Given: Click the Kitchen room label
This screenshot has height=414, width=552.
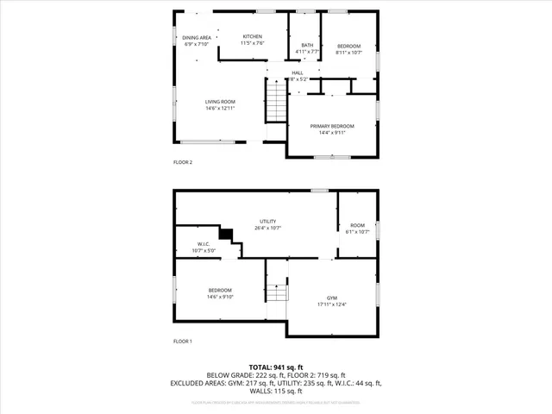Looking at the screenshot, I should [228, 36].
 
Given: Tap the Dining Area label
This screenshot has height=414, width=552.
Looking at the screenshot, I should [197, 38].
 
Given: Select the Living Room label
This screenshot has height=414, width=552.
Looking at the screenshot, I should [220, 102].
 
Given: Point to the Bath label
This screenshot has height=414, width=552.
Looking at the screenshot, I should [307, 45].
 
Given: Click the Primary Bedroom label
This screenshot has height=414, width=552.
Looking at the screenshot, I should [331, 126].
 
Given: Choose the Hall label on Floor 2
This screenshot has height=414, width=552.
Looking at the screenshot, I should [298, 72].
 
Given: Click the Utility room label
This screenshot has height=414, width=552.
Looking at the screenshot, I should [268, 222].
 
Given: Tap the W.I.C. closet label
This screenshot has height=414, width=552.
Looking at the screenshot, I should [204, 244].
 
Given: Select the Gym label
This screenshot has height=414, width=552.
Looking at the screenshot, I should [331, 297].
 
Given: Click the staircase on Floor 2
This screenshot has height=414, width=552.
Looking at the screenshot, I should [273, 102].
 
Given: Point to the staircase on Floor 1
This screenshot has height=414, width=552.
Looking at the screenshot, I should [274, 293].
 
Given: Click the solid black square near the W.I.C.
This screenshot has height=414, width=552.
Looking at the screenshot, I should [226, 233].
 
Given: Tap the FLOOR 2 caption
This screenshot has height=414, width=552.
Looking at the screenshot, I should [183, 162].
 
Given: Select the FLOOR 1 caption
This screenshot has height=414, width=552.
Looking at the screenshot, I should [183, 342].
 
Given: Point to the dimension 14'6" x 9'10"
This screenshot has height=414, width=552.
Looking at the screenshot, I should [220, 297].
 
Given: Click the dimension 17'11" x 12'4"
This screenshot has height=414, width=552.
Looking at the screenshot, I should [331, 303].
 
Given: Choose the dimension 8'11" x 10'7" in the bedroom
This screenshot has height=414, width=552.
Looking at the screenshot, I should [348, 53].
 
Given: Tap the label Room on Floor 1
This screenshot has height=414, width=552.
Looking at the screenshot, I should [357, 225].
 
